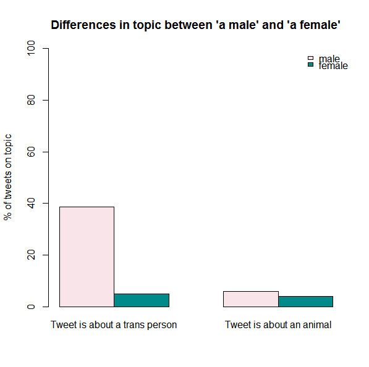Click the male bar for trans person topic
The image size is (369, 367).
[x=87, y=257]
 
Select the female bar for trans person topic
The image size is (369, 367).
[x=142, y=300]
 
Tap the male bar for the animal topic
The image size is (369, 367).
[x=250, y=299]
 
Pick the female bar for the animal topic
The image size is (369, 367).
[x=305, y=302]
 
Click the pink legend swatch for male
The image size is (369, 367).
[x=310, y=59]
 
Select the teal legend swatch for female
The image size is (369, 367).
[x=310, y=65]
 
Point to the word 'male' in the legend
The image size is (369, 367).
[x=329, y=59]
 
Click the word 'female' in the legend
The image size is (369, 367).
[x=333, y=66]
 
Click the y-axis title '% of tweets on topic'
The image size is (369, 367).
[x=8, y=177]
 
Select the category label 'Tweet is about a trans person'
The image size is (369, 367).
[x=114, y=324]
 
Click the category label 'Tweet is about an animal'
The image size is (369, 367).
[x=278, y=324]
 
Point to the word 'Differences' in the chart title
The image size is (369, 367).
[x=81, y=25]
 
